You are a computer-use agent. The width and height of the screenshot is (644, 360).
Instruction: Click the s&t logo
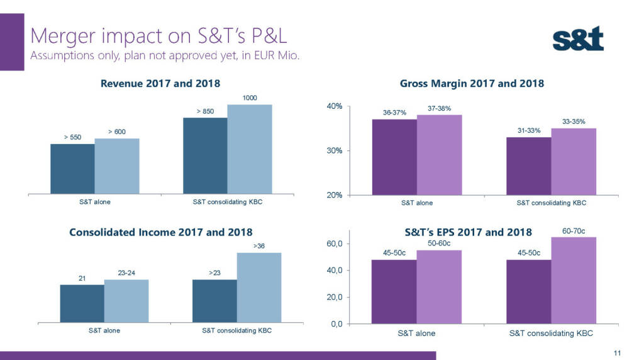[x=578, y=39]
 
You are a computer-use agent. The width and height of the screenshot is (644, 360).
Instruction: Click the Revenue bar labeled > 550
[x=72, y=169]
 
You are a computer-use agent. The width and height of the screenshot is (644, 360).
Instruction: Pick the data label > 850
[x=205, y=111]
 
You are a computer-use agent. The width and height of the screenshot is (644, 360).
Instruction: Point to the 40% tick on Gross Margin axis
[x=334, y=106]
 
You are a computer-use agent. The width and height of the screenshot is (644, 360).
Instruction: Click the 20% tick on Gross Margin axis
[x=334, y=195]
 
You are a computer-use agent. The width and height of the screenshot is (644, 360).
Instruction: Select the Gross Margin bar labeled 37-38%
[x=439, y=155]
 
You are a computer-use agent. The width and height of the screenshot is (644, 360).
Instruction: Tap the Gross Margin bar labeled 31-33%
[x=528, y=166]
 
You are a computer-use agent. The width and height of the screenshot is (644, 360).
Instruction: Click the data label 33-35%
[x=574, y=121]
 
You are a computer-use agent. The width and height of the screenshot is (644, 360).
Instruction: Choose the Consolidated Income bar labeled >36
[x=258, y=288]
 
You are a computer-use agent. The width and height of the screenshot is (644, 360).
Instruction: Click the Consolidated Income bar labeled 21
[x=82, y=303]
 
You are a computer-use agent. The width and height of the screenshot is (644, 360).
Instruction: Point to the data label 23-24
[x=126, y=273]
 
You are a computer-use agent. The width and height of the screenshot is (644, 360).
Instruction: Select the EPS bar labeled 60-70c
[x=574, y=280]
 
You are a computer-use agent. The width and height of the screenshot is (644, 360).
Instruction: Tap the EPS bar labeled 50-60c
[x=439, y=286]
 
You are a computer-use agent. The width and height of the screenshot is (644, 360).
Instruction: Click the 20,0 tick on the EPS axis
[x=333, y=297]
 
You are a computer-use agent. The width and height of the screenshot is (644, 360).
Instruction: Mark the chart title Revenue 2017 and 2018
[x=160, y=83]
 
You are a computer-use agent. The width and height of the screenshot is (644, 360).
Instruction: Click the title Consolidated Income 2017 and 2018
[x=160, y=232]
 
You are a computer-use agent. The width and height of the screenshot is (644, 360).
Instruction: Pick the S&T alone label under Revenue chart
[x=94, y=202]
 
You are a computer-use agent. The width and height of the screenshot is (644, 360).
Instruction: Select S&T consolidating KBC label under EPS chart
[x=551, y=334]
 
